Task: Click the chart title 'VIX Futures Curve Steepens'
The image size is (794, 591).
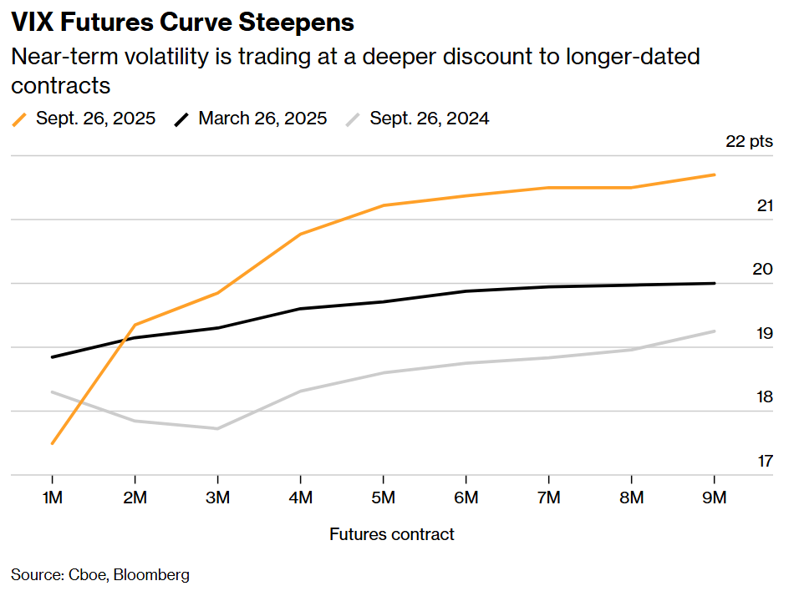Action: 182,23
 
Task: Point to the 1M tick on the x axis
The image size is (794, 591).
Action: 53,498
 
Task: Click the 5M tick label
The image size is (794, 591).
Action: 384,498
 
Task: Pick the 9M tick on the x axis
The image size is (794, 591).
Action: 715,498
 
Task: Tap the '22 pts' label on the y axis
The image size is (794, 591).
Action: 749,141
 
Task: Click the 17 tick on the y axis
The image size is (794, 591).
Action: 764,461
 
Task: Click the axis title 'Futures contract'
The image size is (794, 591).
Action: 392,534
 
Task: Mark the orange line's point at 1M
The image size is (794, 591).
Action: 53,443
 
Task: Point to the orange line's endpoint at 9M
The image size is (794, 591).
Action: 715,174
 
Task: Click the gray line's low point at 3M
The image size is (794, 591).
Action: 218,429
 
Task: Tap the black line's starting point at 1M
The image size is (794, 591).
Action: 53,357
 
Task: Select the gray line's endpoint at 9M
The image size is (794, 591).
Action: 715,331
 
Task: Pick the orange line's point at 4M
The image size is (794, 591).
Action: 301,235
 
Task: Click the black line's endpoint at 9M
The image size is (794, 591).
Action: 715,284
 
